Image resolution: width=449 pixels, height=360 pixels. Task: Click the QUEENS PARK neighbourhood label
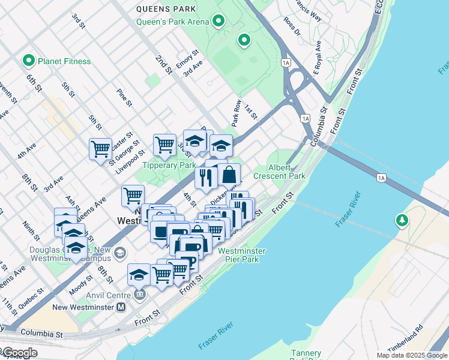(166, 9)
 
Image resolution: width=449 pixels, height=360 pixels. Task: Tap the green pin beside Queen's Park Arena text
(218, 22)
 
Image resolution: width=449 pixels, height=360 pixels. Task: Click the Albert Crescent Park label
(279, 172)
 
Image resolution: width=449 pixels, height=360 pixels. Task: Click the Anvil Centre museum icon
(140, 295)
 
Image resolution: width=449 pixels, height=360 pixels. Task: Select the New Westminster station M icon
(121, 307)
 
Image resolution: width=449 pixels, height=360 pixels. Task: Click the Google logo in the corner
(19, 353)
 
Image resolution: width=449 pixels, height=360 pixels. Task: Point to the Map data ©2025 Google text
(411, 355)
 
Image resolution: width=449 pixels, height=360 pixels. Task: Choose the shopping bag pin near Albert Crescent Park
(229, 175)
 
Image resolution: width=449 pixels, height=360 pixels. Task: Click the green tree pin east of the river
(402, 221)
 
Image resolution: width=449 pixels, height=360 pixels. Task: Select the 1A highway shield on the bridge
(381, 178)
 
